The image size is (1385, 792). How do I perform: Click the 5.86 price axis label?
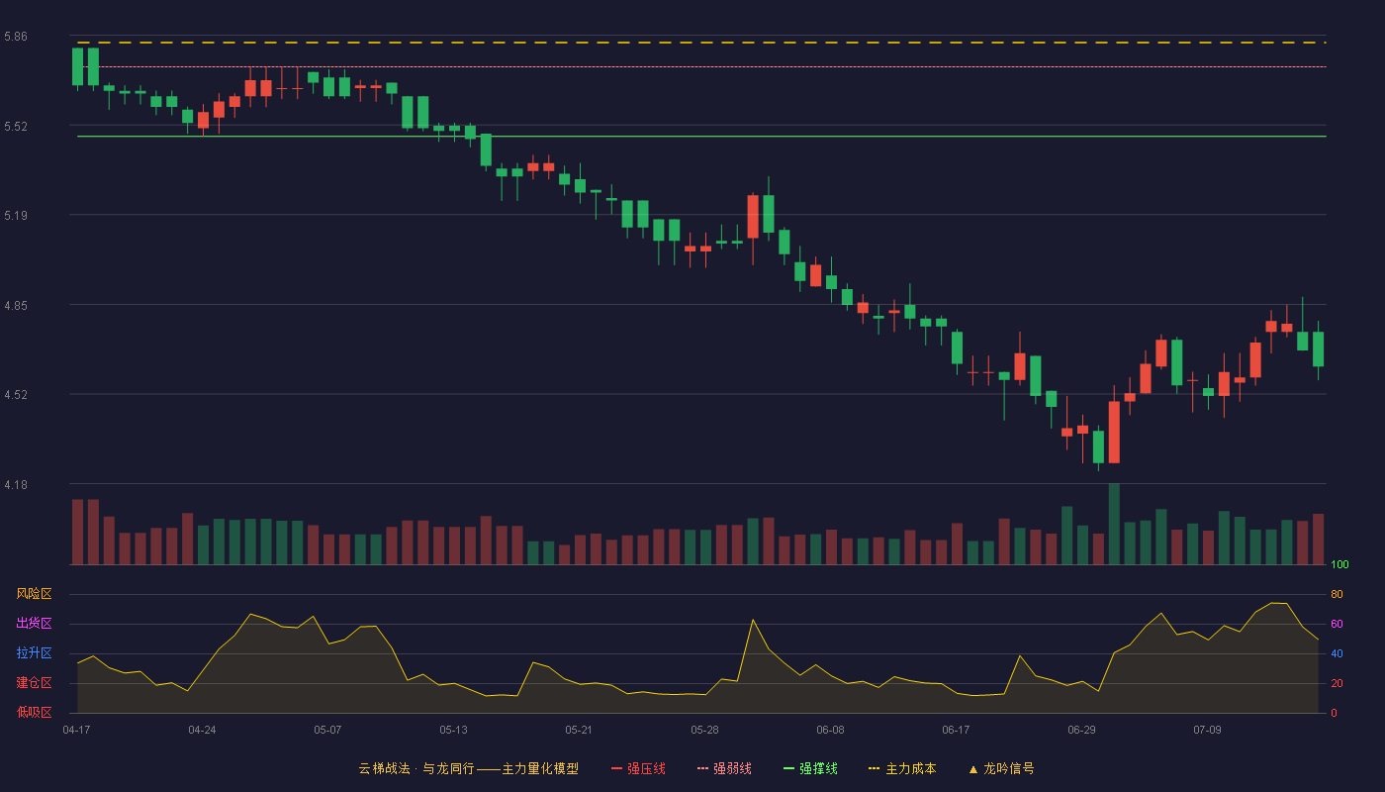(x=16, y=37)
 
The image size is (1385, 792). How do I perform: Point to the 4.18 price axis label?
(x=16, y=485)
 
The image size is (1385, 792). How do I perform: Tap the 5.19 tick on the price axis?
(x=16, y=216)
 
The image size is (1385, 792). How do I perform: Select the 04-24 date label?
(x=202, y=731)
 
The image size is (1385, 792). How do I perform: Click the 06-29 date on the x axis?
(x=1081, y=731)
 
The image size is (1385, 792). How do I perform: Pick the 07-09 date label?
(x=1207, y=731)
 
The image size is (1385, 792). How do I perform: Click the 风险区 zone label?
(x=34, y=594)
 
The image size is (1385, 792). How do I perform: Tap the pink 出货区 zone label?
(x=34, y=623)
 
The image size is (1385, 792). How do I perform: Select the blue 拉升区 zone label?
(x=34, y=652)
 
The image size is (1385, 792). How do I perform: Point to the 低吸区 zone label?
(x=34, y=712)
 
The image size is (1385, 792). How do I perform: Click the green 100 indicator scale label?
(x=1339, y=564)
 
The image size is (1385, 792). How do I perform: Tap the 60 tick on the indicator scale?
(x=1337, y=624)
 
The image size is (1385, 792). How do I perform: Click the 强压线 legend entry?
(x=639, y=768)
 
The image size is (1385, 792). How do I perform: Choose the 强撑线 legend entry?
(x=810, y=768)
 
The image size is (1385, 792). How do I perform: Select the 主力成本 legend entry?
(x=902, y=768)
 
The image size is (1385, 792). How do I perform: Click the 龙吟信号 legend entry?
(x=1001, y=768)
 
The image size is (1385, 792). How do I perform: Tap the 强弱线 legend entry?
(x=724, y=768)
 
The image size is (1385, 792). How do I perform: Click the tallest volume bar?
(x=1114, y=524)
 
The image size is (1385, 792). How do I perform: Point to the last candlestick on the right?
(x=1318, y=348)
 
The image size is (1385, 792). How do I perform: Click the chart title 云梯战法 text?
(x=384, y=768)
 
